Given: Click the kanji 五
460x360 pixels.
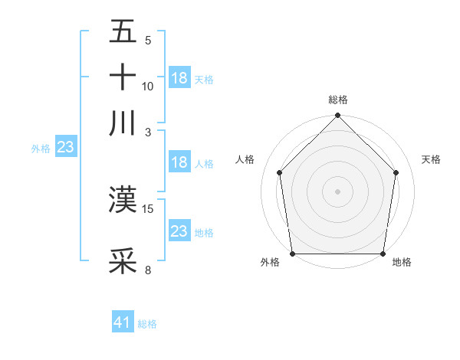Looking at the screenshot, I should point(123,33).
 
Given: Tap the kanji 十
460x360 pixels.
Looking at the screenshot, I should point(123,77).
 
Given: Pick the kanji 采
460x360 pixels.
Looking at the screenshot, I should point(123,260).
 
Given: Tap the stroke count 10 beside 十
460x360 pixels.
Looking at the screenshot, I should point(148,87).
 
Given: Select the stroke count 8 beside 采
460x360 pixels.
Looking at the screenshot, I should point(148,269).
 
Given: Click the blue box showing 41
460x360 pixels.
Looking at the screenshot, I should point(123,322).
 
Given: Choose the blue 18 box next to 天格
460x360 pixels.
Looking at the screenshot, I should point(179,78).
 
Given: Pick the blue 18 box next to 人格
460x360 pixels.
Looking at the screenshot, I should point(179,162).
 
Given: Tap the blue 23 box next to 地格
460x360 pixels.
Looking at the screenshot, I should point(179,231).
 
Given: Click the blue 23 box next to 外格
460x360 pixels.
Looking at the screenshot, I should point(65,148).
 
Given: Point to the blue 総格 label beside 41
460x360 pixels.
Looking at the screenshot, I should point(147,324).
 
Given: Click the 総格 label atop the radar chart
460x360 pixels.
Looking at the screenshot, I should point(338,100).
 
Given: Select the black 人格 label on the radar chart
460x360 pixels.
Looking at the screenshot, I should point(245,159).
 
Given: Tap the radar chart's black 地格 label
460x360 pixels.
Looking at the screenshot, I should point(402,263).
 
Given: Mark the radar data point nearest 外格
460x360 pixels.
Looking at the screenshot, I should point(292,254).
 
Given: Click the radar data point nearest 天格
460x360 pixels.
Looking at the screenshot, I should point(396,172).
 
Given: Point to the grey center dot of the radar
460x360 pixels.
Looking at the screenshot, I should point(338,191).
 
